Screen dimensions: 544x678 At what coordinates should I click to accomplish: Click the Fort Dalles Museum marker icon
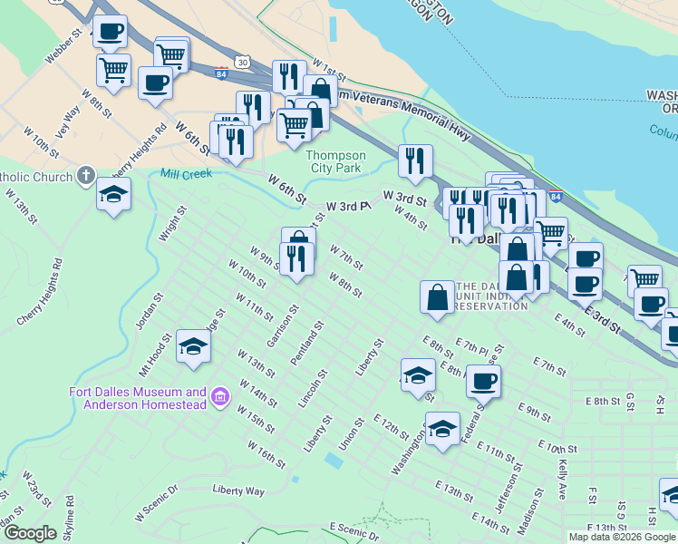(218, 397)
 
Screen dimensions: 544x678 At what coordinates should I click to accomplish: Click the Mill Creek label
(186, 172)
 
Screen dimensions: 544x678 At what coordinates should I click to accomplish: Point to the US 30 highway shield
(241, 61)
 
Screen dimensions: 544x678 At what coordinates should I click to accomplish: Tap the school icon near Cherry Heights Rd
(114, 195)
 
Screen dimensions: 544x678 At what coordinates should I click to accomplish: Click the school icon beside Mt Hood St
(193, 346)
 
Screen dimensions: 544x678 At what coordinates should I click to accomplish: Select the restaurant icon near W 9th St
(296, 258)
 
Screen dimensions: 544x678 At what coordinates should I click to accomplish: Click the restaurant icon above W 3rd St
(415, 161)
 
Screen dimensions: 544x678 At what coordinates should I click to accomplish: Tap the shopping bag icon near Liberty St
(437, 296)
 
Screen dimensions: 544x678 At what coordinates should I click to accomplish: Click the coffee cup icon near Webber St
(110, 32)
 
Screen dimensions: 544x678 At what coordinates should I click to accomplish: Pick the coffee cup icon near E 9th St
(483, 380)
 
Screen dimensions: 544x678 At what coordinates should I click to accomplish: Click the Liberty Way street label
(238, 491)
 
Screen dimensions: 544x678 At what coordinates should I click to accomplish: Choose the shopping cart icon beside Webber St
(113, 70)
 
